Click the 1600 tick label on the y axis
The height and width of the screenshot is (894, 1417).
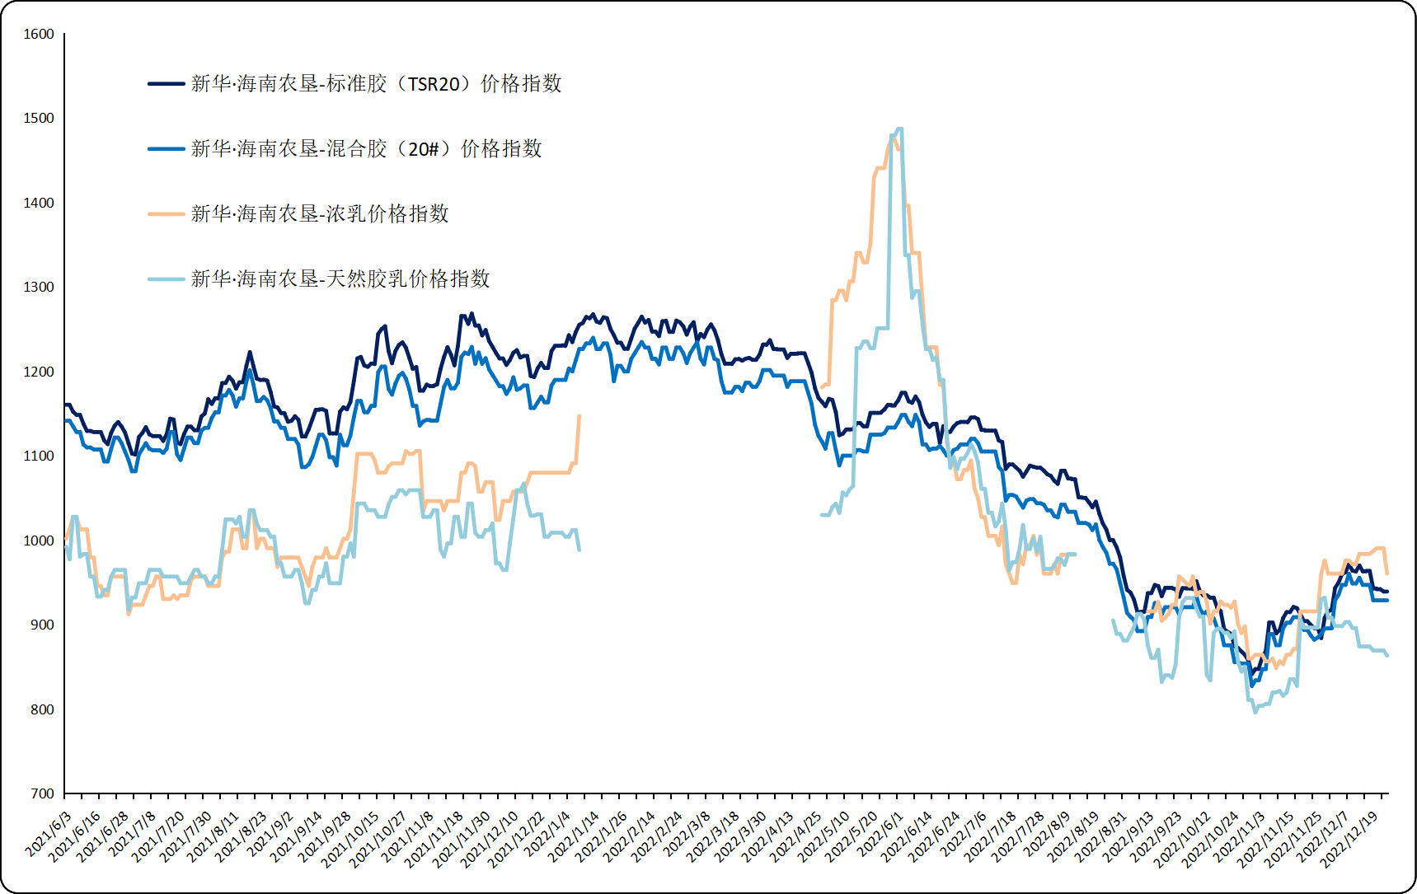tap(39, 35)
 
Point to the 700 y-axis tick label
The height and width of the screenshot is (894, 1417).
tap(42, 794)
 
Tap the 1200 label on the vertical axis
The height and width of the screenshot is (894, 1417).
tap(39, 372)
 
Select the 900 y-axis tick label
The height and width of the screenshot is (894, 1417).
tap(42, 625)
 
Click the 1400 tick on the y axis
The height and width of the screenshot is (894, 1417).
tap(39, 204)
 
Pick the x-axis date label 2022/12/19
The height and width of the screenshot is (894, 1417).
tap(1351, 839)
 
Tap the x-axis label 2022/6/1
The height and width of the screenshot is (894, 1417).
tap(881, 835)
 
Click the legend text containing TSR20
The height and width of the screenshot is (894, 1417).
tap(376, 84)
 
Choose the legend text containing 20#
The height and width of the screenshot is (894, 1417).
tap(366, 149)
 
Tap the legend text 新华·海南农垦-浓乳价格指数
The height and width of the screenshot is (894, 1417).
tap(320, 214)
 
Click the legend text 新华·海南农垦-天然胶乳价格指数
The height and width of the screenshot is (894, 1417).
tap(340, 279)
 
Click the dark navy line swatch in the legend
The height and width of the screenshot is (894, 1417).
tap(166, 84)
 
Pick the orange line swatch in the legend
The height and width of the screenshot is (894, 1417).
tap(166, 214)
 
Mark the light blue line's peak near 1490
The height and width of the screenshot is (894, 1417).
tap(899, 129)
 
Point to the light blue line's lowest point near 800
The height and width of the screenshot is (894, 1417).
tap(1255, 712)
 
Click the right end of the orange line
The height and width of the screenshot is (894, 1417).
tap(1387, 573)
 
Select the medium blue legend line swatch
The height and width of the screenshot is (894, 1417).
tap(166, 149)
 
